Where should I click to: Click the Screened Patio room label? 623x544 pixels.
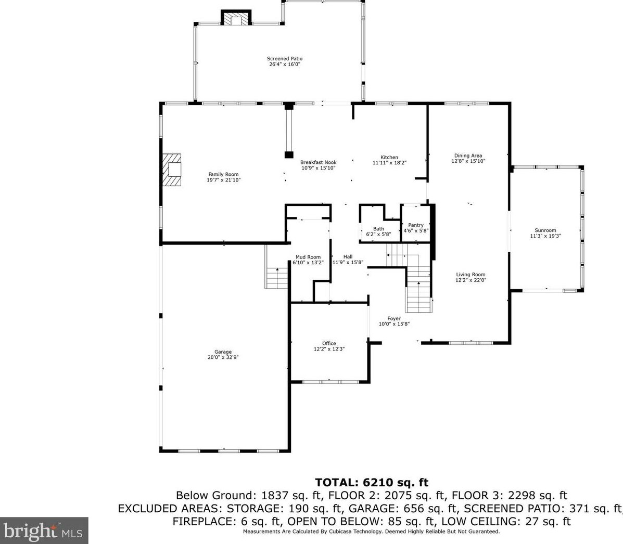coord(285,59)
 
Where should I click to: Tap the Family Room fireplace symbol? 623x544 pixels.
coord(171,170)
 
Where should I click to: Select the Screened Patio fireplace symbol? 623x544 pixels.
coord(236,18)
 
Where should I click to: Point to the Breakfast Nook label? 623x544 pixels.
coord(318,162)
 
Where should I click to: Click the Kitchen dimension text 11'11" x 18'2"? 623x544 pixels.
coord(389,163)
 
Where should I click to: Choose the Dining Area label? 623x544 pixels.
coord(468,156)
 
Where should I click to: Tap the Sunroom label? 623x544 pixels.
coord(545,230)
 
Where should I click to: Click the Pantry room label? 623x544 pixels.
coord(416,225)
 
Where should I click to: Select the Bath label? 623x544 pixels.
coord(378,229)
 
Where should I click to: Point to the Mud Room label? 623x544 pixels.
coord(308,257)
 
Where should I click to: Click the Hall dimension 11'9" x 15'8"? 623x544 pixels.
coord(348,263)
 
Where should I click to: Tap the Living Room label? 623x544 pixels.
coord(471,275)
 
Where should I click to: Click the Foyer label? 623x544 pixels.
coord(394,318)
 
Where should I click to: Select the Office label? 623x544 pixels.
coord(329,343)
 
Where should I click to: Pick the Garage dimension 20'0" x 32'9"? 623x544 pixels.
coord(223,357)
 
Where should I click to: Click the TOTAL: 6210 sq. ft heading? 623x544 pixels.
coord(372,483)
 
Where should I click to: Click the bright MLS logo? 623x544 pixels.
coord(44,530)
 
